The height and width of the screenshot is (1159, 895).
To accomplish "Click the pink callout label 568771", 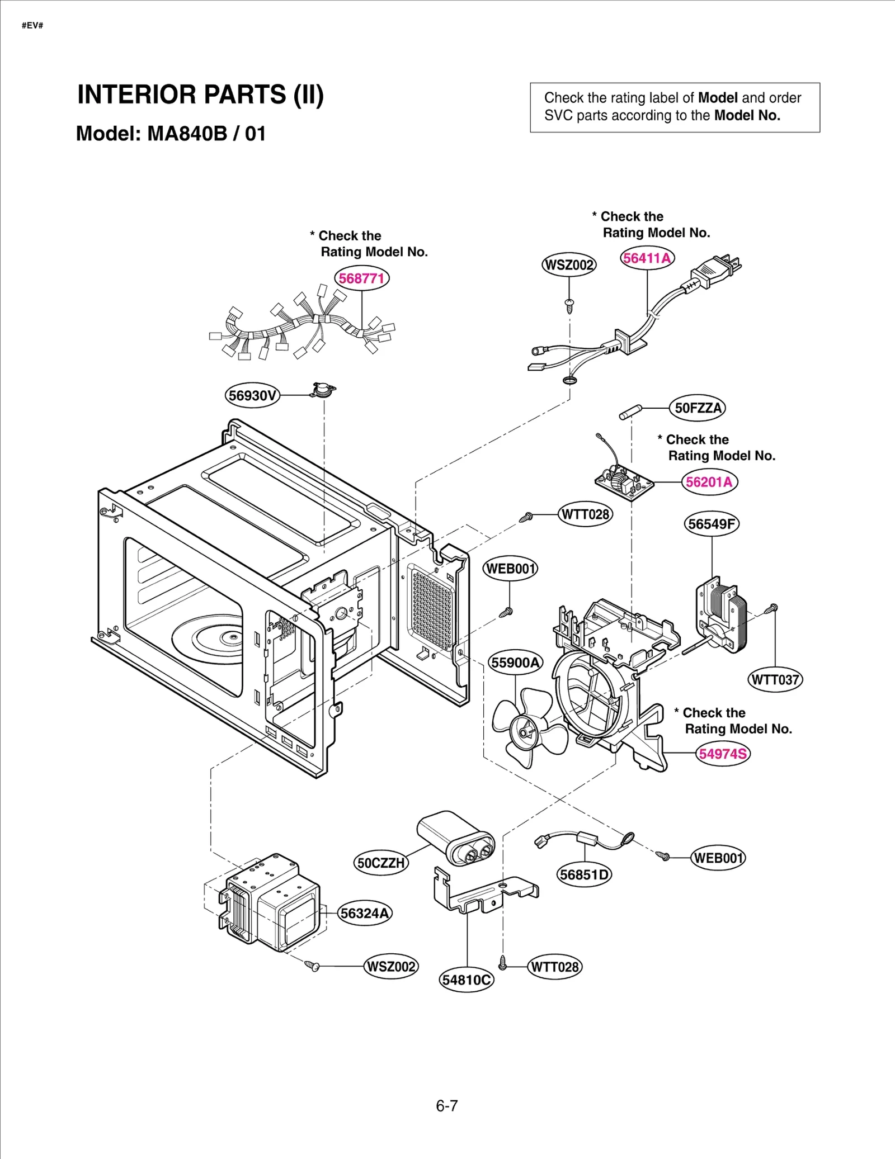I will [361, 278].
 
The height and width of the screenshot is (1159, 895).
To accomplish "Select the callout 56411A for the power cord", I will [647, 258].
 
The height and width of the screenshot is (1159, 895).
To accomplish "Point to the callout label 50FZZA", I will [698, 408].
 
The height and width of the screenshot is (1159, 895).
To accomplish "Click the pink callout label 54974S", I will [723, 754].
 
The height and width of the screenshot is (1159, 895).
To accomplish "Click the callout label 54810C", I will [467, 980].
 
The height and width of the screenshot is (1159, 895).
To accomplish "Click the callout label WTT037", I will [775, 680].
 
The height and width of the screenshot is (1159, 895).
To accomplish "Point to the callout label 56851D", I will [585, 874].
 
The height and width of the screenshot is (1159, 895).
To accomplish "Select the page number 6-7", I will [446, 1106].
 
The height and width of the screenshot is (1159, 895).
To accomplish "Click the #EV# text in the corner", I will [32, 26].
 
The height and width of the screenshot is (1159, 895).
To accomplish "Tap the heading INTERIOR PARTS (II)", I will [200, 94].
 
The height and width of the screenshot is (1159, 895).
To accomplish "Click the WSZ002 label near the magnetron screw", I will [391, 967].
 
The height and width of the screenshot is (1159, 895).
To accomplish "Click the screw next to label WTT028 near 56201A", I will [525, 517].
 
